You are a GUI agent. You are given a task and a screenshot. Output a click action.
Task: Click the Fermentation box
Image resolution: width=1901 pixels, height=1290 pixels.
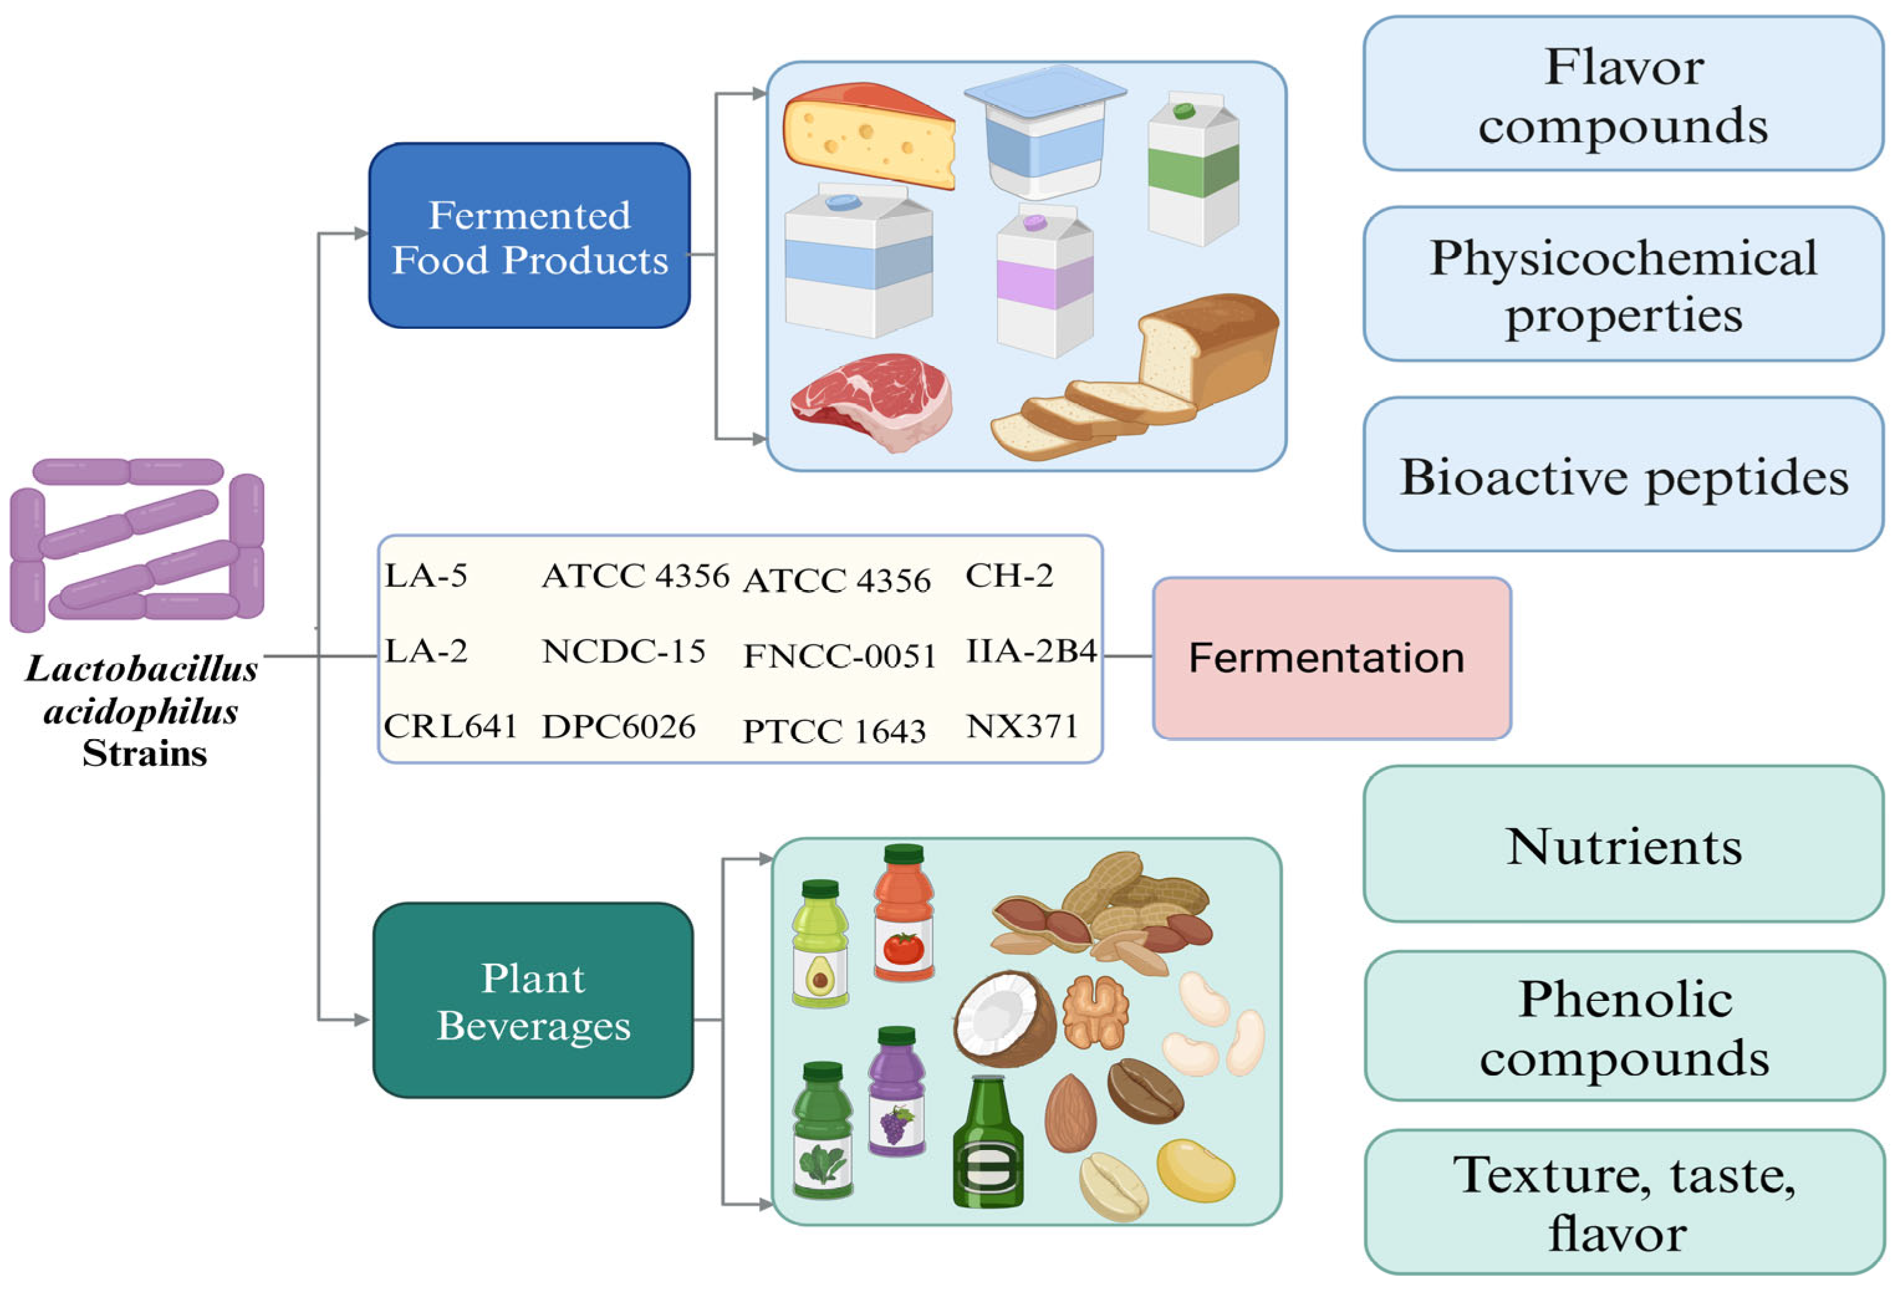coord(1331,658)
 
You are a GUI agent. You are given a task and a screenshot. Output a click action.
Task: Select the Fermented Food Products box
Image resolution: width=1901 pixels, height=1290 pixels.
coord(529,236)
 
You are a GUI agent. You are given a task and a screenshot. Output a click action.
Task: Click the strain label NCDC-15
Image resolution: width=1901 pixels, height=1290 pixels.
coord(623,652)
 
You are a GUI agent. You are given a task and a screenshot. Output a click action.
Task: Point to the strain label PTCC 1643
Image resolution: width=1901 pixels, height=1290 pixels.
coord(833,730)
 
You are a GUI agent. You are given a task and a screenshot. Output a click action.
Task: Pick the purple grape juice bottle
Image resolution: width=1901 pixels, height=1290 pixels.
coord(897,1093)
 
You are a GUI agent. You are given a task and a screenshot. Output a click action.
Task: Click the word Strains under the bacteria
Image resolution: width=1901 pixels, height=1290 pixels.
coord(145,753)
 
